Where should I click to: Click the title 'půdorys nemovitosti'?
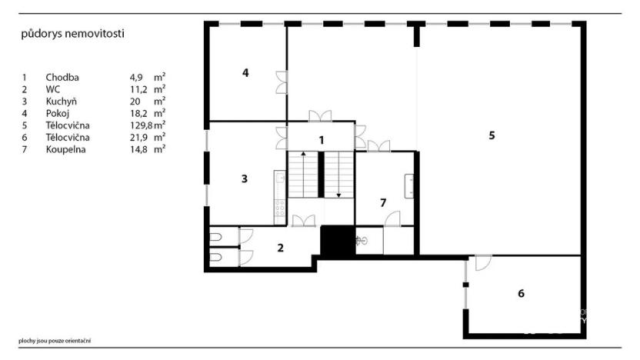[72, 34]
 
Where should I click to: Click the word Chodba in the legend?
[62, 77]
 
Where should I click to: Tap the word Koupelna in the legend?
[65, 150]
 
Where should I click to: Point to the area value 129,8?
[141, 125]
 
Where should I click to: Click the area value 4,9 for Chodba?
[137, 77]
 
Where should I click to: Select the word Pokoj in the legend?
[58, 113]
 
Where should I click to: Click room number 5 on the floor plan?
[492, 135]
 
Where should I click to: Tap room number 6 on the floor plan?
[521, 293]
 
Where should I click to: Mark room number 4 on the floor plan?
[245, 73]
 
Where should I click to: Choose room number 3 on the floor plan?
[244, 178]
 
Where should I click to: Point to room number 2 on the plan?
[281, 248]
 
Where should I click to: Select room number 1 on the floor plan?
[322, 140]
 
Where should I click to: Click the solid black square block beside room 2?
[336, 241]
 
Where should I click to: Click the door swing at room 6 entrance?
[483, 262]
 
